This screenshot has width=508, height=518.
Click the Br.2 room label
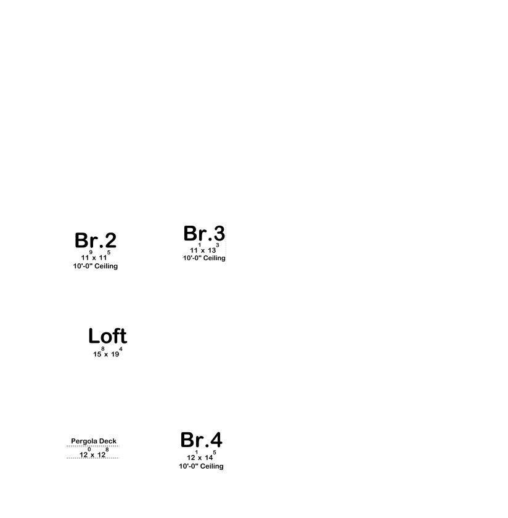[x=96, y=240]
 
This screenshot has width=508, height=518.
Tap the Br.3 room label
[x=204, y=233]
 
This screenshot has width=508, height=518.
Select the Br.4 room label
[x=202, y=440]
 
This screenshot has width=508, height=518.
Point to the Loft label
[x=108, y=336]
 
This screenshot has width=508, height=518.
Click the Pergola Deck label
[x=94, y=441]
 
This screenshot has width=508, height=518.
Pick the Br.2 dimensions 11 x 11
[x=96, y=256]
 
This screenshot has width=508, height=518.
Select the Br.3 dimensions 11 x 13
[x=205, y=249]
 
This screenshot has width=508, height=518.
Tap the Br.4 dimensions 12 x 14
[x=202, y=456]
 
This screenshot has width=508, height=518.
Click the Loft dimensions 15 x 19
[x=108, y=352]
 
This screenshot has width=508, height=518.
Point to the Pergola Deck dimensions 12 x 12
[x=94, y=453]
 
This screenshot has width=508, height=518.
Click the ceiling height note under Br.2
[x=96, y=266]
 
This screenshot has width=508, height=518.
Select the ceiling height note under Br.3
[x=204, y=258]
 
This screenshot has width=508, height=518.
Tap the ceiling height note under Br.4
[x=201, y=466]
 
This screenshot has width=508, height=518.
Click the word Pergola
[x=84, y=442]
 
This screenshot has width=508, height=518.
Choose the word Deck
[x=108, y=441]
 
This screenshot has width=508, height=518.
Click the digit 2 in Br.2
[x=110, y=240]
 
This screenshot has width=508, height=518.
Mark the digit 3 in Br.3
[x=219, y=233]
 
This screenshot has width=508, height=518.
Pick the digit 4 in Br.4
[x=216, y=440]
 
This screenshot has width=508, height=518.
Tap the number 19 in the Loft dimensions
[x=115, y=354]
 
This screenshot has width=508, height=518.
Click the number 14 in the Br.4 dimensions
[x=209, y=458]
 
